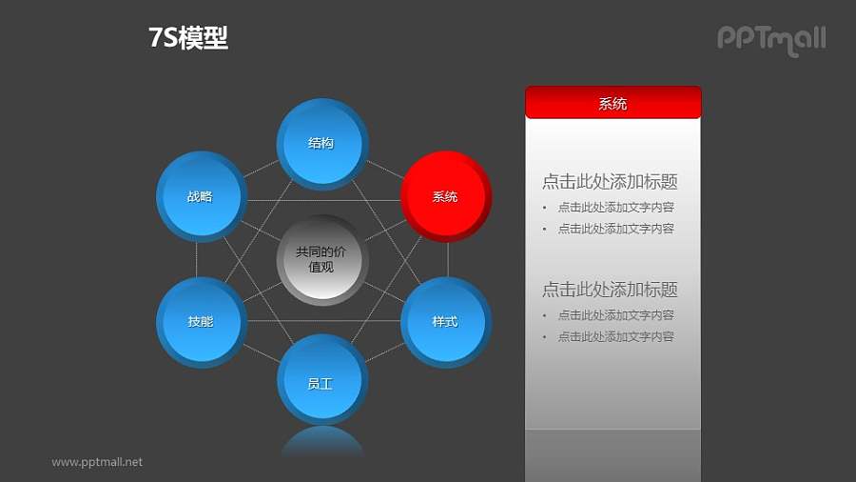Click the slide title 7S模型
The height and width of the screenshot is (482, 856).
pos(188,38)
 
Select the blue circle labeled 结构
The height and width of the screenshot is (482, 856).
pos(321,143)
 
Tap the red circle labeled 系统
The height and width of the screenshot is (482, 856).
pos(445,196)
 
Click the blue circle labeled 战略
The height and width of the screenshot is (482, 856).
pos(200,196)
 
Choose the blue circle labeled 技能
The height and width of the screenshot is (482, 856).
pos(200,322)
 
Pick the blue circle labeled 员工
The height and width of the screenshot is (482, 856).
pos(321,383)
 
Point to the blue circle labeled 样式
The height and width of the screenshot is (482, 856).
pos(445,322)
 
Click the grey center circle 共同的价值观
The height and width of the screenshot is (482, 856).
pos(321,259)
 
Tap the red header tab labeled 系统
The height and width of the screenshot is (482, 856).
pos(613,103)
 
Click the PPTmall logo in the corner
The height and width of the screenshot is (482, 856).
pos(770,39)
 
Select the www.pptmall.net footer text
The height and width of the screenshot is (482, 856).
pos(97,462)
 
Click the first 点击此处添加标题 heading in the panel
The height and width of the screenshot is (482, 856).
pos(610,182)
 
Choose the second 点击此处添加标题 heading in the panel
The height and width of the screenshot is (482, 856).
pos(610,290)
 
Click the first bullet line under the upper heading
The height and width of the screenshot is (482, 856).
pos(615,207)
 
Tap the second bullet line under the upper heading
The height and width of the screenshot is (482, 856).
pos(615,229)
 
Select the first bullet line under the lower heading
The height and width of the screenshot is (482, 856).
pos(615,314)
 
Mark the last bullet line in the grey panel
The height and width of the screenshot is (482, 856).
pos(615,336)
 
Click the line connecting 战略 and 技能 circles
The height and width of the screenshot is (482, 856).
pos(197,259)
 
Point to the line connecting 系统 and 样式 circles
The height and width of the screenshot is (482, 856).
pos(448,259)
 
